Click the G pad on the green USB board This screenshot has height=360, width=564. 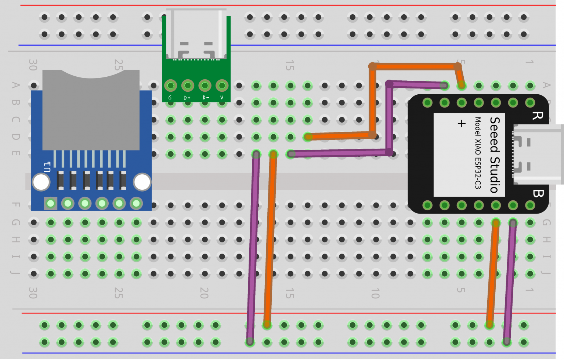point(170,86)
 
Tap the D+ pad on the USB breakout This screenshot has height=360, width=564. point(188,86)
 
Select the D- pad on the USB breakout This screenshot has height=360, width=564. point(205,86)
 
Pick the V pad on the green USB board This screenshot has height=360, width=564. point(222,86)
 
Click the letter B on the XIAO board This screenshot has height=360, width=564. point(538,193)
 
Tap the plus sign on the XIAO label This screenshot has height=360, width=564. point(462,123)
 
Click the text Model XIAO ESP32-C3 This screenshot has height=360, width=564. point(478,153)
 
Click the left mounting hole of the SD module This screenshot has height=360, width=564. point(41,182)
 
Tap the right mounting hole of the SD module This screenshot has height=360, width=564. point(142,182)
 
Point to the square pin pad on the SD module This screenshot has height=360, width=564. point(51,203)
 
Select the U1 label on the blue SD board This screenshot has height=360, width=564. point(47,167)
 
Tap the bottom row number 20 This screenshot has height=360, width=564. point(204,293)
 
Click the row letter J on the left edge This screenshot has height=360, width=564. point(15,273)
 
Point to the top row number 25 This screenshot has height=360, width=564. point(118,65)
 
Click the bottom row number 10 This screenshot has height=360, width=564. point(375,293)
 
